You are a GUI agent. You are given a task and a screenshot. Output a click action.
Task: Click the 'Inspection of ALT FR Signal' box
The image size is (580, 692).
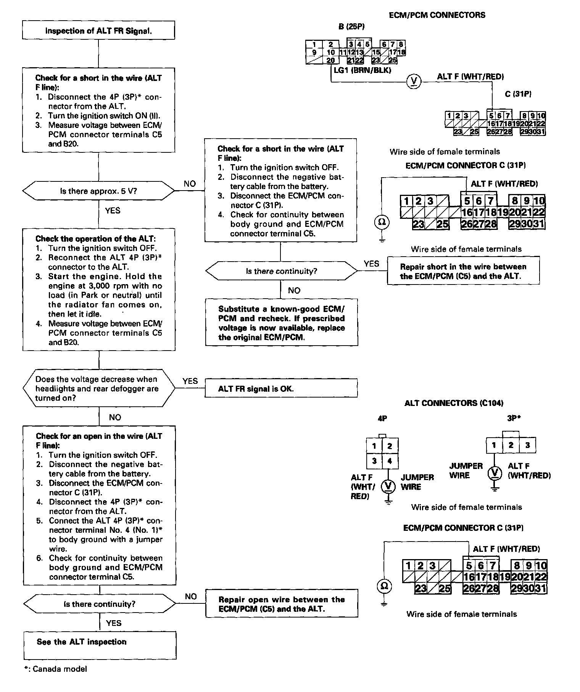click(98, 31)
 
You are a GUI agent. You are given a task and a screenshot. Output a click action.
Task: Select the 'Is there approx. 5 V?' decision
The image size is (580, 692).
click(98, 191)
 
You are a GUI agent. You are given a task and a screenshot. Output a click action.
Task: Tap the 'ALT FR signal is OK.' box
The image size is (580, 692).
click(281, 389)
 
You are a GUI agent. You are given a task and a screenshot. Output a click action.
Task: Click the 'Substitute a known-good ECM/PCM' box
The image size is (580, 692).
click(282, 323)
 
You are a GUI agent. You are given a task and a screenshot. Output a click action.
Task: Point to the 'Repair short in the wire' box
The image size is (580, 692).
click(463, 271)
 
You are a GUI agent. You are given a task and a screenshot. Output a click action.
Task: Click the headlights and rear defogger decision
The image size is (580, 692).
click(98, 388)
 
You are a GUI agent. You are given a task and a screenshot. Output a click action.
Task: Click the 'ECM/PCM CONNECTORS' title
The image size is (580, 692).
click(437, 15)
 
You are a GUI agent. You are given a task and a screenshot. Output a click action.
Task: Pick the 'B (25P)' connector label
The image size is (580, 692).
click(351, 27)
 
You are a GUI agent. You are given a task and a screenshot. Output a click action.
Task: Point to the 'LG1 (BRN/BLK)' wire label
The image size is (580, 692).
click(362, 70)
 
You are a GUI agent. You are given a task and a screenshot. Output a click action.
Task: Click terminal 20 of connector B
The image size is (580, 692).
click(330, 60)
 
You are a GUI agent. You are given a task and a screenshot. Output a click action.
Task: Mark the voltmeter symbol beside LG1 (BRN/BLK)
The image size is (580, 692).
click(413, 81)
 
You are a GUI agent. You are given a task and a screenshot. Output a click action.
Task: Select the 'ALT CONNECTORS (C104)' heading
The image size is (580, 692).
click(454, 403)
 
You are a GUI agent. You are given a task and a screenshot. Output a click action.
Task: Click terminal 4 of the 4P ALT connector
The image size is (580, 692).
click(390, 461)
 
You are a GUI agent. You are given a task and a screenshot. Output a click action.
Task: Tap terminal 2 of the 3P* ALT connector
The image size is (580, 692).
click(511, 445)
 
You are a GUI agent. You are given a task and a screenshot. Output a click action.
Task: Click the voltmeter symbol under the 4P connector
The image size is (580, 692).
click(388, 485)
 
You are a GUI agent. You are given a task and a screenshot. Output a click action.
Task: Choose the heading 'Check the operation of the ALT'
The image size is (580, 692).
click(95, 239)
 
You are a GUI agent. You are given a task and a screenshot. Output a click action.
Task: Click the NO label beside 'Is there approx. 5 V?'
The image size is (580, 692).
click(190, 184)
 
